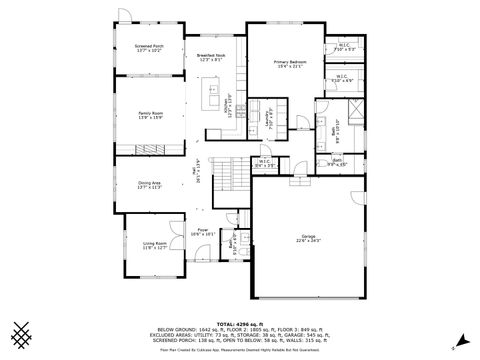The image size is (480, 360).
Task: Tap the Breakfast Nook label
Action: click(x=211, y=58)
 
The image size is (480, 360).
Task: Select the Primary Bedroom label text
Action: click(x=290, y=64)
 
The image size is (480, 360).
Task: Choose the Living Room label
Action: click(x=154, y=245)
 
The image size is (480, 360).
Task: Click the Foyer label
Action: click(x=203, y=232)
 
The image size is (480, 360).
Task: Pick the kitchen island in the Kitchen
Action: click(x=213, y=95)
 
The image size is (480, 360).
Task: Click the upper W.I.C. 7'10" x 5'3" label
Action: click(x=344, y=46)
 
